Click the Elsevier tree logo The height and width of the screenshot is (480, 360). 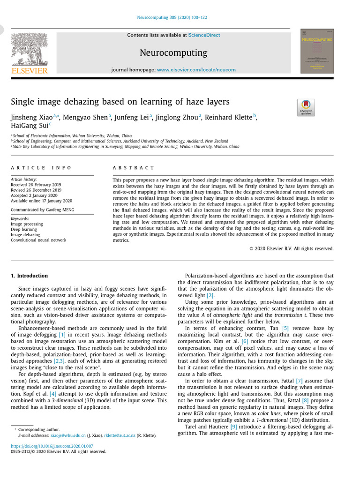pyautogui.click(x=29, y=49)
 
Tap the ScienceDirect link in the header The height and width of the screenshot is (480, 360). pyautogui.click(x=204, y=35)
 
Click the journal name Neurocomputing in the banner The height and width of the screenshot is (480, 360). pyautogui.click(x=173, y=52)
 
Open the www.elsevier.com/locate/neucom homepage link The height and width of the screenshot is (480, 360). pyautogui.click(x=196, y=70)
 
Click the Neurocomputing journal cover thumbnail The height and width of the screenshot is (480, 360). pyautogui.click(x=317, y=51)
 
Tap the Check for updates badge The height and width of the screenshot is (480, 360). pyautogui.click(x=306, y=107)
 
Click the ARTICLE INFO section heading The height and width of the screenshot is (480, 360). pyautogui.click(x=41, y=167)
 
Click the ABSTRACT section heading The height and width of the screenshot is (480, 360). pyautogui.click(x=133, y=167)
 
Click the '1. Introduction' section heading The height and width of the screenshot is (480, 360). pyautogui.click(x=29, y=276)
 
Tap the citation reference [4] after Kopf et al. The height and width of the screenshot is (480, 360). pyautogui.click(x=52, y=394)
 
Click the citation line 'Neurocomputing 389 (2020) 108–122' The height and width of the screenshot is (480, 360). pyautogui.click(x=172, y=17)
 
